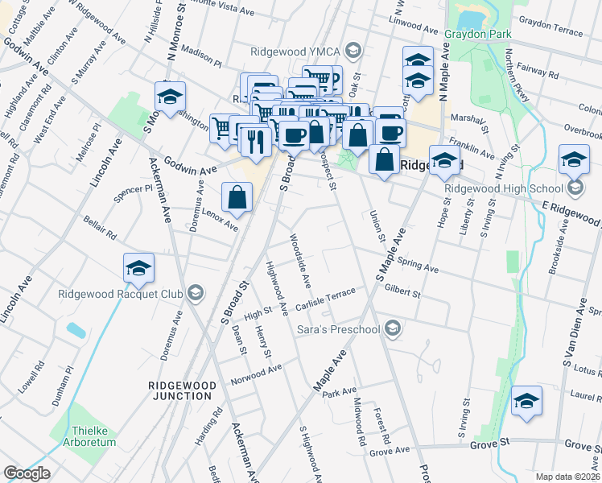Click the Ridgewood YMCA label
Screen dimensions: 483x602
[x=295, y=51]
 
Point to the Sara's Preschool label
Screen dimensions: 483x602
[x=337, y=328]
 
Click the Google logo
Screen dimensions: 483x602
[x=27, y=473]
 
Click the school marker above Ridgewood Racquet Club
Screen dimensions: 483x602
[x=138, y=268]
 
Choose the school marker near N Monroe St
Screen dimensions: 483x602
[x=170, y=97]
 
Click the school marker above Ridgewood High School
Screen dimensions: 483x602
[x=574, y=159]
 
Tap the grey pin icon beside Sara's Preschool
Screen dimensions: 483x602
[x=392, y=328]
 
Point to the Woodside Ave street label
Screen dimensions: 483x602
[x=300, y=260]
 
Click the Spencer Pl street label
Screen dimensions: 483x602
[x=133, y=193]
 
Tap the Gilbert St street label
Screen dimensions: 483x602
[x=403, y=291]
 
